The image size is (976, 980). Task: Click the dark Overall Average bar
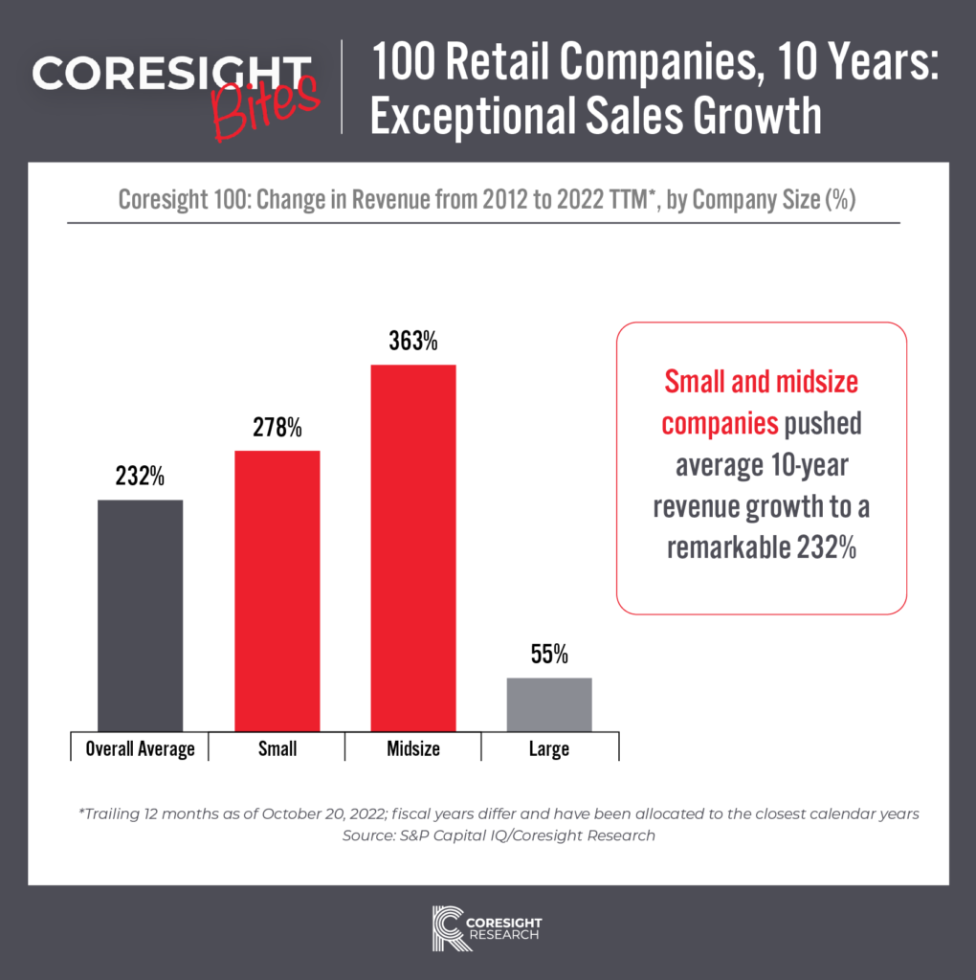click(x=140, y=616)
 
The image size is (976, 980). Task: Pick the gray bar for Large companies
click(x=549, y=705)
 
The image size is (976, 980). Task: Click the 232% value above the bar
click(x=140, y=477)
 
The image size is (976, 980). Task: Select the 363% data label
click(x=412, y=342)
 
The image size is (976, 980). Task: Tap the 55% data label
click(x=549, y=655)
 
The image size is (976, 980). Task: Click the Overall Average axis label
click(x=140, y=748)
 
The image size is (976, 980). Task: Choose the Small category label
click(x=277, y=748)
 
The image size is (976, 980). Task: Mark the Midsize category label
click(x=412, y=748)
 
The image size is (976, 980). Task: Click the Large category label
click(x=549, y=748)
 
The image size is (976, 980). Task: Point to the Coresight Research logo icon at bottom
click(x=450, y=926)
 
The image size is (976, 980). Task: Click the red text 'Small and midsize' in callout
click(x=762, y=383)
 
